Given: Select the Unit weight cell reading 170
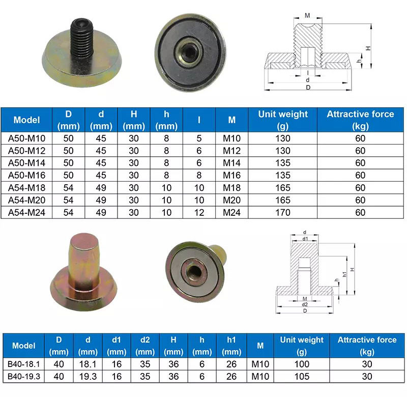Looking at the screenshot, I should coord(282,212).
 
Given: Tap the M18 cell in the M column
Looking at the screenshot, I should coord(232,188).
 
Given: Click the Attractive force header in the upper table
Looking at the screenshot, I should coord(360,120).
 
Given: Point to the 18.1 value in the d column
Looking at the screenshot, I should coord(88,364).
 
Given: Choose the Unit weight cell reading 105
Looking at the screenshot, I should coord(302,376).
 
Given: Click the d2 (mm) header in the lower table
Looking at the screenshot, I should coord(146,346).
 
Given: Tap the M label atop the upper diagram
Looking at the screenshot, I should coord(307,15).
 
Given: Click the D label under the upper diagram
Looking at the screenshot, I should coord(308,87).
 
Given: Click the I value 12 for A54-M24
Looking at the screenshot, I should coord(199,212).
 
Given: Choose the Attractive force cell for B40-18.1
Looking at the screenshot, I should coord(367,364).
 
